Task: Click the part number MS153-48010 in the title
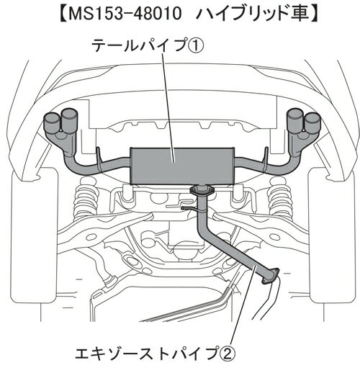pyautogui.click(x=125, y=14)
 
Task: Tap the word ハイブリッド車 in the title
pyautogui.click(x=253, y=14)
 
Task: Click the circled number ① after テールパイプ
pyautogui.click(x=196, y=46)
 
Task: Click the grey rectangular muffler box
pyautogui.click(x=182, y=166)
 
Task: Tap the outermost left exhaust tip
pyautogui.click(x=52, y=121)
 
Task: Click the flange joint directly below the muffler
pyautogui.click(x=202, y=190)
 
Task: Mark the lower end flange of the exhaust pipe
pyautogui.click(x=271, y=277)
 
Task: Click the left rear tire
pyautogui.click(x=35, y=235)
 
